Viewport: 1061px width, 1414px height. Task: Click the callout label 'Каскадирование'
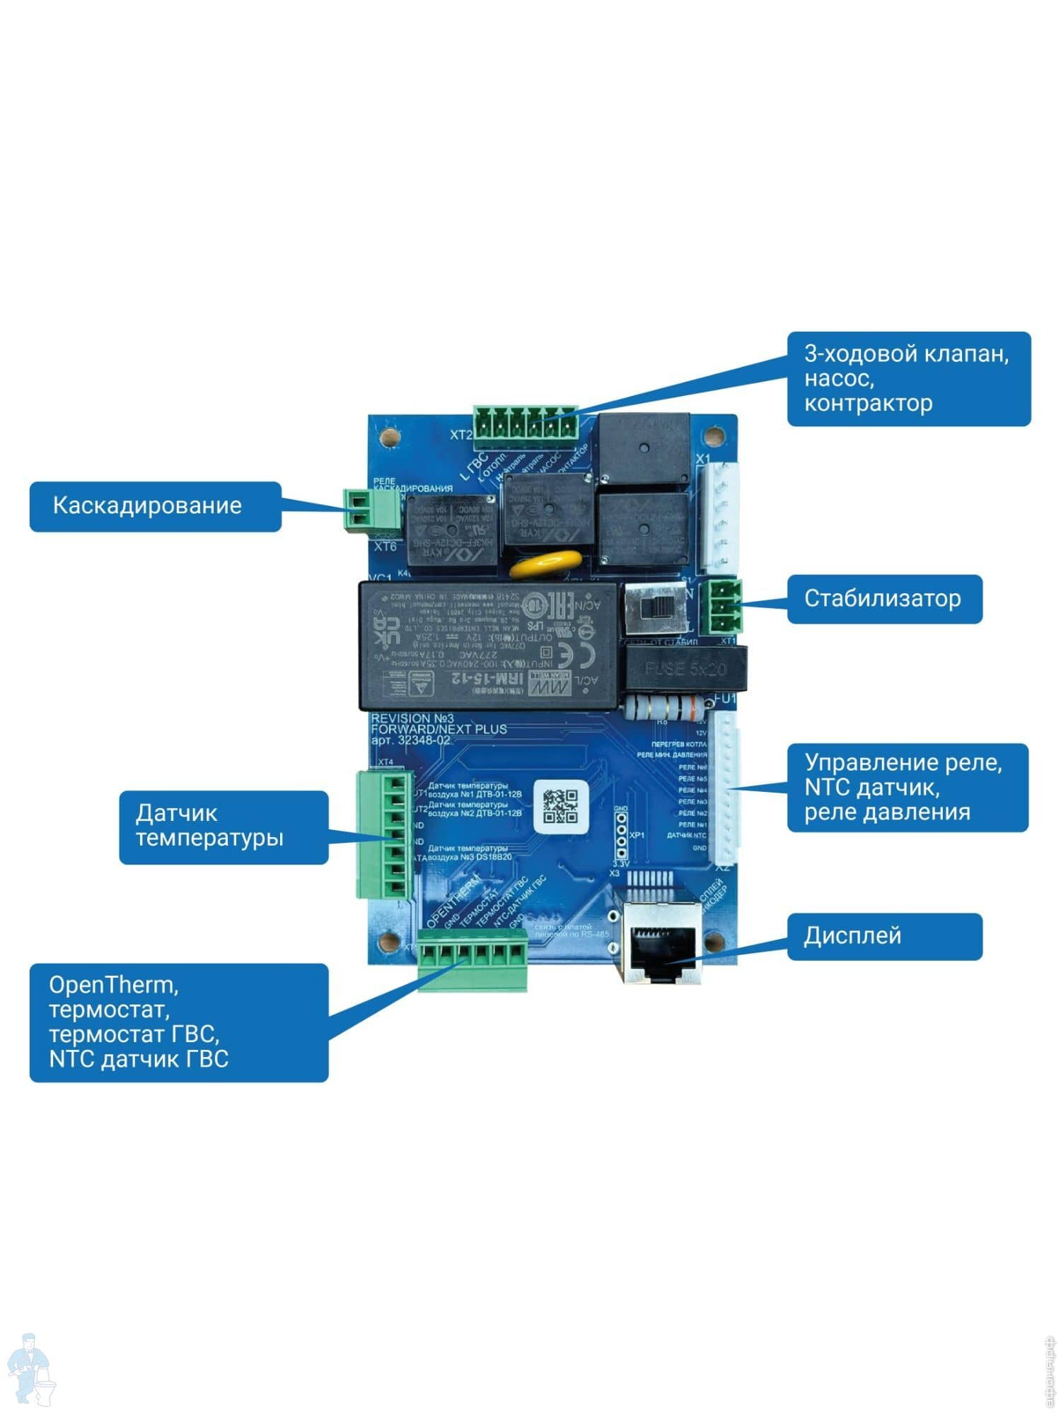coord(155,506)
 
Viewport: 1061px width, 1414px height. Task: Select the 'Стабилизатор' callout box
coord(884,599)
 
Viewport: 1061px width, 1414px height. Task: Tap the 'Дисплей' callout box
coord(884,936)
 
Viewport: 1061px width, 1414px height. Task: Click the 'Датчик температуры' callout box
coord(223,826)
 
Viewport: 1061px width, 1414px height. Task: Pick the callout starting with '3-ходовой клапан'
coord(908,378)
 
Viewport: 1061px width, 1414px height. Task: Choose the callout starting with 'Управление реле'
coord(907,787)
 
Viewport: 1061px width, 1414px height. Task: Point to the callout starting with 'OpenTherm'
coord(178,1022)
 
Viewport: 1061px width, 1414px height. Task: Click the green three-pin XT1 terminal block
coord(723,606)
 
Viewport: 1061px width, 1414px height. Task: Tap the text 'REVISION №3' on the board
coord(412,718)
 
